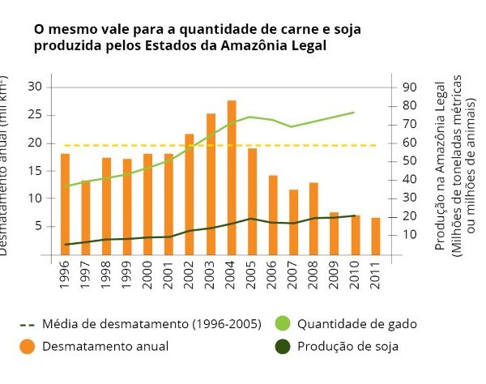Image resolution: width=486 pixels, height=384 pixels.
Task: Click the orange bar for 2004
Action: pos(232,177)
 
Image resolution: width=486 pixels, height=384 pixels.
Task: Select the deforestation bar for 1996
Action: pos(65,203)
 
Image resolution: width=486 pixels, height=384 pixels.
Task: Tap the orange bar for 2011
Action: pos(376,236)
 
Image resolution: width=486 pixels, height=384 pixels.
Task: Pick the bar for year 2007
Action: pos(293,222)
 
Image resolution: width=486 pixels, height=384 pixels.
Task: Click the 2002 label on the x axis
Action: pos(189,275)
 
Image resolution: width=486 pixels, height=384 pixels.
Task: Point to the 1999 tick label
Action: pos(127,275)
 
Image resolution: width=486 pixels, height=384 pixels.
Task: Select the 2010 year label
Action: pos(355,275)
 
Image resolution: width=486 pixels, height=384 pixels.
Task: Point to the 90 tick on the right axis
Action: pos(409,87)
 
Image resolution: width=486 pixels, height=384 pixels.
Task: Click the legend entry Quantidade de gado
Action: pos(356,324)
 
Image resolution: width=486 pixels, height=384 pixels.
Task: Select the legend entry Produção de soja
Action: pos(347,347)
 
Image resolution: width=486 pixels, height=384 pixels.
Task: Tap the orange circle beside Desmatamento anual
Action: pos(28,347)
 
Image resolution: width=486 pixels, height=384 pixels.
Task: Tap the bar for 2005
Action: pos(252,201)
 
